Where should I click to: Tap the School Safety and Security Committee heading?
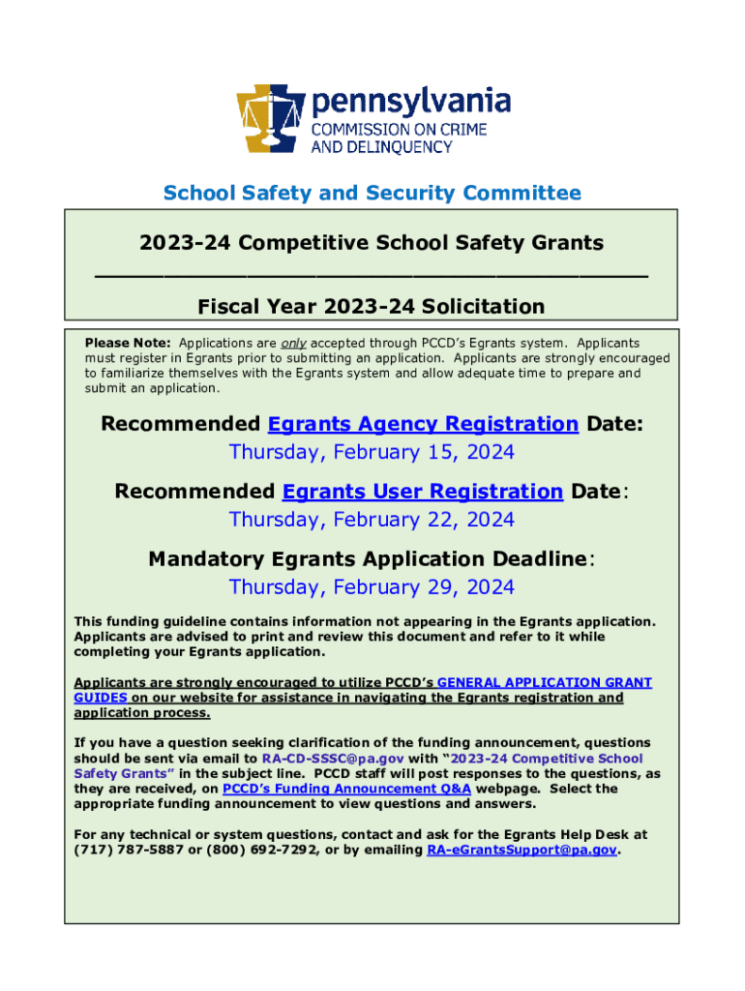pyautogui.click(x=372, y=193)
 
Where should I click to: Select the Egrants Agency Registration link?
pyautogui.click(x=423, y=424)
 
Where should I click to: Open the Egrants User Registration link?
pyautogui.click(x=423, y=492)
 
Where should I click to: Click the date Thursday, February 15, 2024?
pyautogui.click(x=372, y=452)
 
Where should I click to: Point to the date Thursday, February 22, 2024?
pyautogui.click(x=372, y=520)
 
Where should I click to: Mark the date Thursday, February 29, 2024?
pyautogui.click(x=372, y=587)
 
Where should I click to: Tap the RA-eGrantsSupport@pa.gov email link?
pyautogui.click(x=521, y=850)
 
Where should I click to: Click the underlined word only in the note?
pyautogui.click(x=293, y=344)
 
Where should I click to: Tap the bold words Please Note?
pyautogui.click(x=128, y=344)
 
